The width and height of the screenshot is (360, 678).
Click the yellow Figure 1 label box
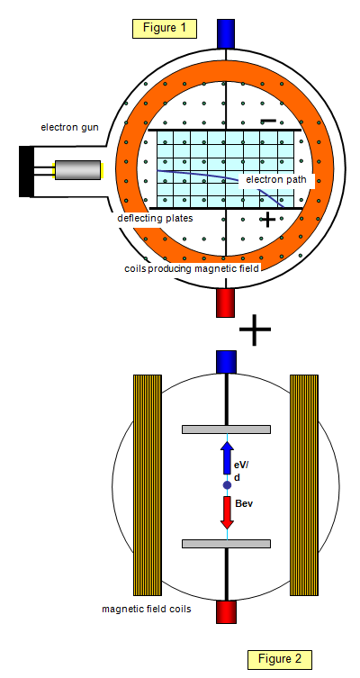click(165, 29)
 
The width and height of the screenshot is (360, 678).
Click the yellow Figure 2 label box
click(280, 659)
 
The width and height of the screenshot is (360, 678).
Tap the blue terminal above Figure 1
click(226, 33)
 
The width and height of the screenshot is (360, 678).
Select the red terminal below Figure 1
click(226, 303)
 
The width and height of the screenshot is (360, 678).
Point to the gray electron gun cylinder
click(77, 170)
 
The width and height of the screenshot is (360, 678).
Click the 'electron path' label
click(276, 180)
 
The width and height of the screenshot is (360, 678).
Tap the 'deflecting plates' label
click(155, 219)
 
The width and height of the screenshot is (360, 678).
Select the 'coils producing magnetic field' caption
click(192, 269)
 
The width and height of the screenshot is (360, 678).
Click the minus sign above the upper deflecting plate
click(269, 121)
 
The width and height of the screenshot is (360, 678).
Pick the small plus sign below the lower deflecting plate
click(268, 220)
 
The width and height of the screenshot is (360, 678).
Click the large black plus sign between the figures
click(255, 330)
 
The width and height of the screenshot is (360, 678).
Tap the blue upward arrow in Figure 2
click(228, 457)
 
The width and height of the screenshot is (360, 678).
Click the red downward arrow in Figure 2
click(228, 513)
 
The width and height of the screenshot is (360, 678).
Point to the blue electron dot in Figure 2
click(228, 485)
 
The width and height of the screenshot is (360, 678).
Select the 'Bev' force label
click(243, 503)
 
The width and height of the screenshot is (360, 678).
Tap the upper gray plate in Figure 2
click(227, 429)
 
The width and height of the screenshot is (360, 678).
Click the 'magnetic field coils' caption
click(147, 610)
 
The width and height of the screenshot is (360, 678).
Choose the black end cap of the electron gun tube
click(26, 172)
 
